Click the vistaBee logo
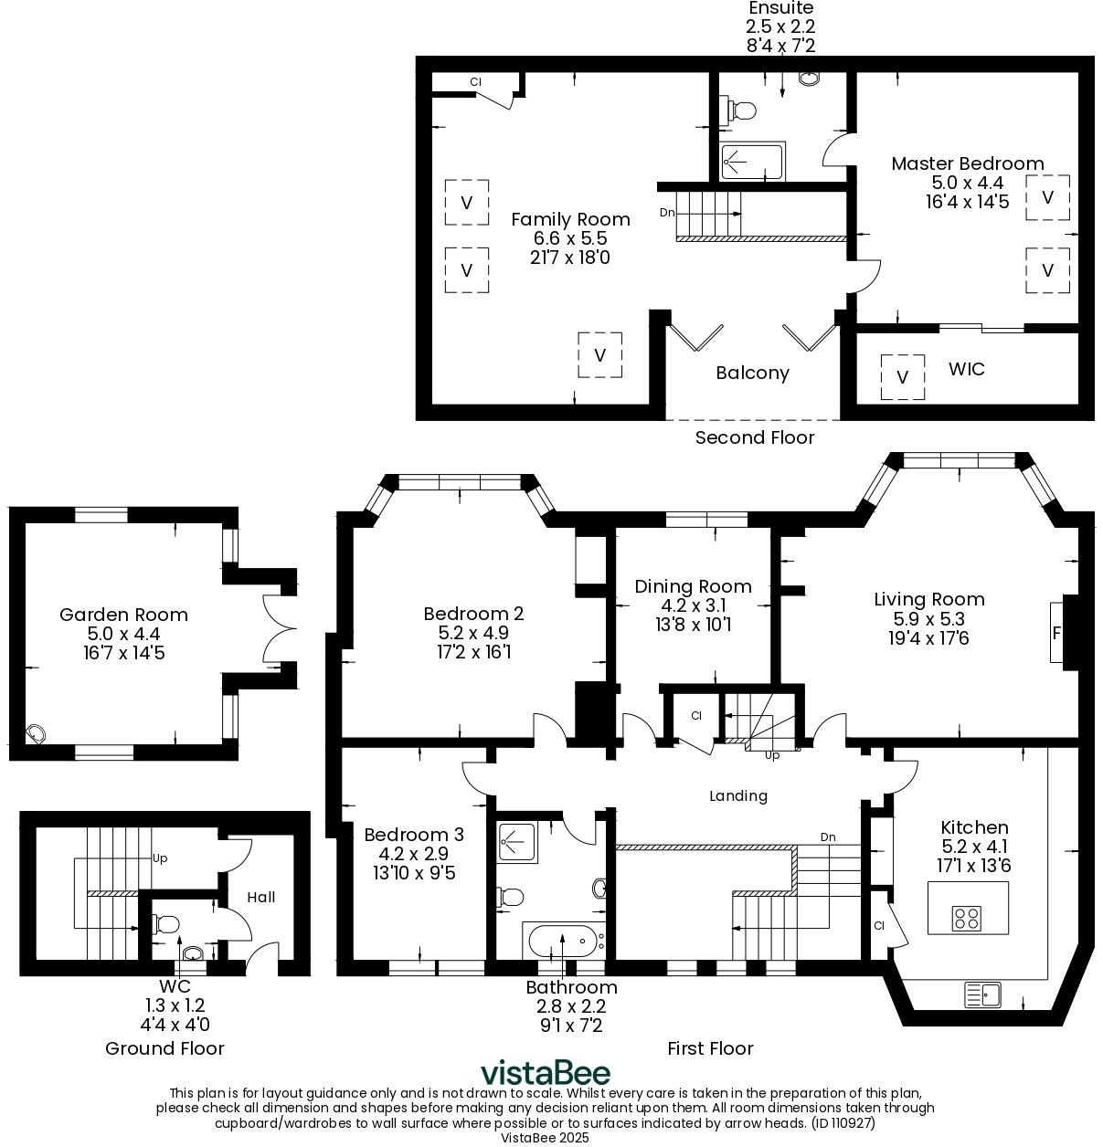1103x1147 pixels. (x=546, y=1073)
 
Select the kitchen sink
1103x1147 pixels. (x=983, y=992)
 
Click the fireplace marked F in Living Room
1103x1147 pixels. (x=1058, y=632)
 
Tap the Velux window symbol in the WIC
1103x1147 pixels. (x=903, y=377)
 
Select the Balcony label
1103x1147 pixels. (x=752, y=373)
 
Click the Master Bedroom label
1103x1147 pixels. (x=967, y=163)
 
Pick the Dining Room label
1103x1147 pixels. (x=693, y=586)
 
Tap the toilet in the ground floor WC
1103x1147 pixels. (x=166, y=924)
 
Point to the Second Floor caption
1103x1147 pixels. (x=754, y=437)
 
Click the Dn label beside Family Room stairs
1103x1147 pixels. (x=667, y=213)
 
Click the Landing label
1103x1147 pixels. (x=738, y=795)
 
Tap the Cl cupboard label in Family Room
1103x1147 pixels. (x=475, y=82)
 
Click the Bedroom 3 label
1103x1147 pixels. (x=413, y=835)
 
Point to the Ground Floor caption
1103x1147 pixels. (x=164, y=1048)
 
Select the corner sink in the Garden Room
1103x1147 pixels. (x=35, y=733)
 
